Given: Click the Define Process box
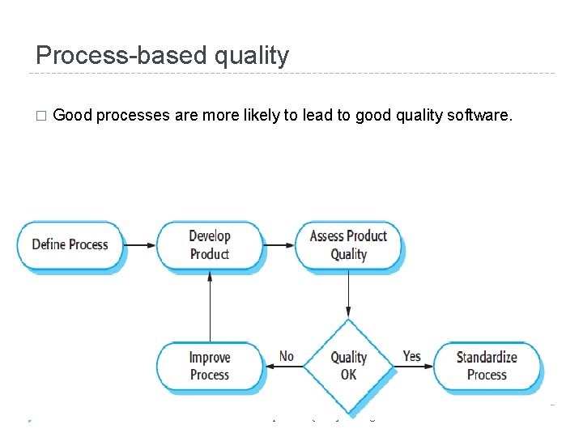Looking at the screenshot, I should pyautogui.click(x=70, y=244).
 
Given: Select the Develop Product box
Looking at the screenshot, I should pyautogui.click(x=210, y=244).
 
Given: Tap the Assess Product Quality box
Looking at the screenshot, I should pyautogui.click(x=348, y=244).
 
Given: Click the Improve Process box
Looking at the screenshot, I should pyautogui.click(x=210, y=366).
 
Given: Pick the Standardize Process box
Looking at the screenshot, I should pyautogui.click(x=487, y=366).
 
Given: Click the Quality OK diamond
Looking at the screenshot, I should pyautogui.click(x=348, y=366).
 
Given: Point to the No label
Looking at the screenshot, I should pyautogui.click(x=287, y=356).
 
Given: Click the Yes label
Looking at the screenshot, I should pyautogui.click(x=411, y=356).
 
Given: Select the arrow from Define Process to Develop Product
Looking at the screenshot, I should pyautogui.click(x=141, y=244).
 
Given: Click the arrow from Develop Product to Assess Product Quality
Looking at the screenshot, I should pyautogui.click(x=279, y=244).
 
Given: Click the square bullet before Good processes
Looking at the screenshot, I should pyautogui.click(x=41, y=116).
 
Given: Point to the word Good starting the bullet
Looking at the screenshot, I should pyautogui.click(x=72, y=115).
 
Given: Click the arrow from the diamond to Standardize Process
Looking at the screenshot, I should pyautogui.click(x=414, y=367).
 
